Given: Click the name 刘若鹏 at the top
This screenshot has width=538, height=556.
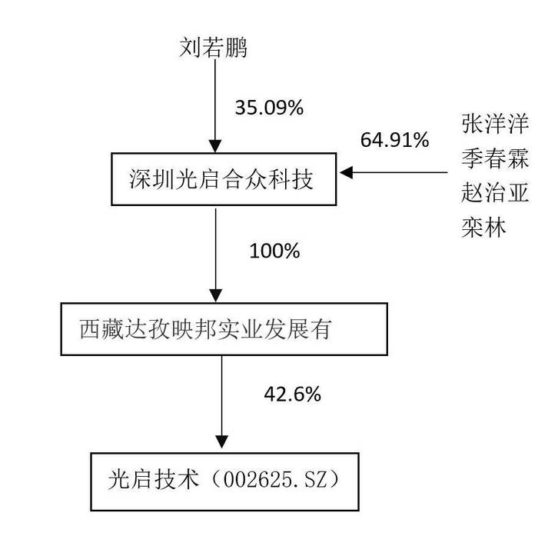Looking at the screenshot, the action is click(x=213, y=48).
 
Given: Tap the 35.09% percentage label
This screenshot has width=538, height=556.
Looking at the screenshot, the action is click(x=269, y=108).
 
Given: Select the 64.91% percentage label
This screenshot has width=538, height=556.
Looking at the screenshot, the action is click(x=394, y=139).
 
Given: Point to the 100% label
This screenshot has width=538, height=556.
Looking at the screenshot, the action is click(x=274, y=251).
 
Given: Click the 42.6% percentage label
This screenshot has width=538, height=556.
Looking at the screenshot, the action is click(x=292, y=394).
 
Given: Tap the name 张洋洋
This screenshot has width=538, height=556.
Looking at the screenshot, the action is click(x=495, y=124).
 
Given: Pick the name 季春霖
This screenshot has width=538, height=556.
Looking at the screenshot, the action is click(x=495, y=158).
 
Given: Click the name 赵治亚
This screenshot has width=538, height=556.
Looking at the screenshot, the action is click(x=495, y=192).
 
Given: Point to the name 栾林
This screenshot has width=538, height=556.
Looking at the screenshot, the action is click(x=483, y=227).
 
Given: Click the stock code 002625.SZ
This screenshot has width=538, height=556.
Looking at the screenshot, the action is click(x=274, y=480).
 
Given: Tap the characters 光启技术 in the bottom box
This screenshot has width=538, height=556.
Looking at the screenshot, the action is click(x=154, y=480).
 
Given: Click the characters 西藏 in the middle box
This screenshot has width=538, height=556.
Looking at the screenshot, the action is click(x=101, y=329).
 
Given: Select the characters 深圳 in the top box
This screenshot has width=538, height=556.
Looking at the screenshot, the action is click(x=151, y=179).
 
